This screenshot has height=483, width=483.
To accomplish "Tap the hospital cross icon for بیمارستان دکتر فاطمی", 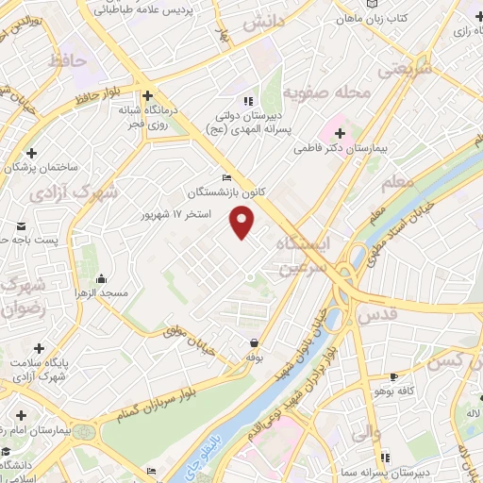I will tap(340, 133).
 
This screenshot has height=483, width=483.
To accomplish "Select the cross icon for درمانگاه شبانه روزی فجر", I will tap(147, 95).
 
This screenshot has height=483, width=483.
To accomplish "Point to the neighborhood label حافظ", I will tap(92, 60).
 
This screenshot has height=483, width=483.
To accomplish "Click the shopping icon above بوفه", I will tap(253, 343).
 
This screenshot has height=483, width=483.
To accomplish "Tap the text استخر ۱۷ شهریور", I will tap(174, 214).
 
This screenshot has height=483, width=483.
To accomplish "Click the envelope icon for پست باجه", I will tap(22, 225).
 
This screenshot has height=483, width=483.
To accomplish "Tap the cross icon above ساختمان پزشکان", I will tap(32, 152).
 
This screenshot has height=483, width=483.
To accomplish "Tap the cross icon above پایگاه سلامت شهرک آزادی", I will tap(39, 348).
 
